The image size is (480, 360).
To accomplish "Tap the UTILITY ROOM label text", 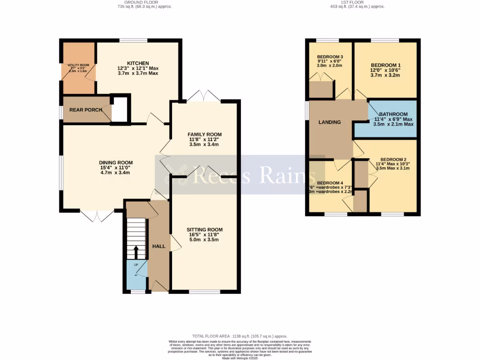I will click(x=78, y=65).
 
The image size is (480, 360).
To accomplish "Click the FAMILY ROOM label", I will click(x=204, y=135).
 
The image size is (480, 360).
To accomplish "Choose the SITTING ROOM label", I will click(x=204, y=230).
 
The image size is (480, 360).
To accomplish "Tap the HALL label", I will click(x=158, y=246).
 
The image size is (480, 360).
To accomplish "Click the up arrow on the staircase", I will click(x=136, y=252).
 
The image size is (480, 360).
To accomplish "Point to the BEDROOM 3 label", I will click(x=330, y=57).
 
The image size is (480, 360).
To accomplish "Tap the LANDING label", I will click(x=330, y=122).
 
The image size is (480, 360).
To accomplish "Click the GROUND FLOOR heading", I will click(x=145, y=2).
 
